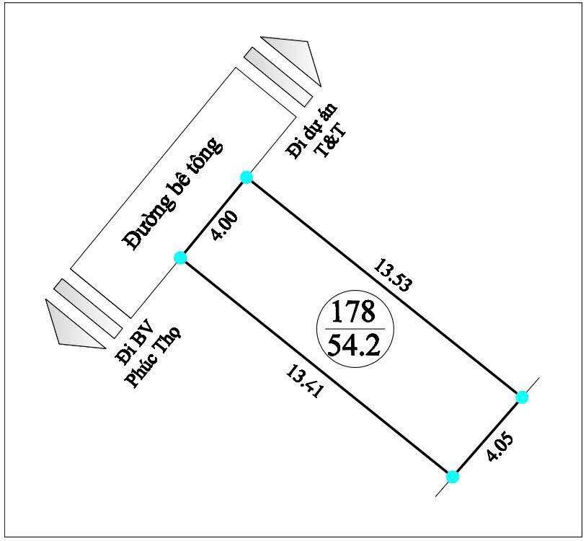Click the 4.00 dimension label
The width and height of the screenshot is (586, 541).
pos(224,225)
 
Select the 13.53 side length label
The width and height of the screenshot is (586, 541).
pos(394,275)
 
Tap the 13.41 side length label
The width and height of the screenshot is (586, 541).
pos(304,382)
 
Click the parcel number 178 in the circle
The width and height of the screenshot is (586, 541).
pos(353,312)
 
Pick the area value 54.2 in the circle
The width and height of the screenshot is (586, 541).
pos(353,345)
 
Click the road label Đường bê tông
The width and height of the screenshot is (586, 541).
pos(174,194)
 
